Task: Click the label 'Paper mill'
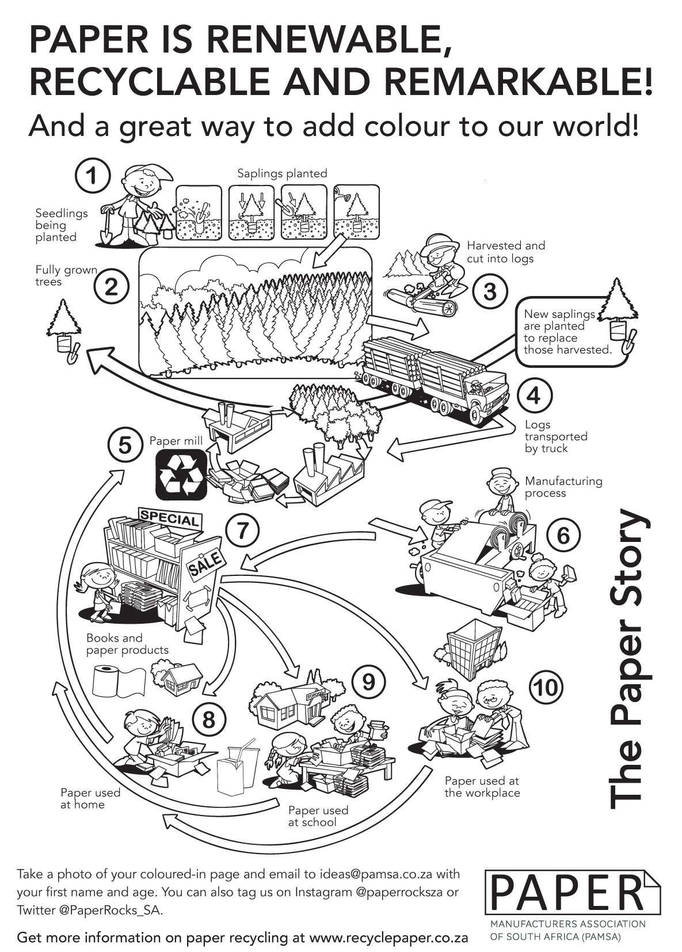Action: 176,441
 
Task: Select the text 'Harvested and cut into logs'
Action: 505,252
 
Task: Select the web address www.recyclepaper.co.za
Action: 388,937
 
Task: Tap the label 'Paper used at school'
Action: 318,816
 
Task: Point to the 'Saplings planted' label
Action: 282,173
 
